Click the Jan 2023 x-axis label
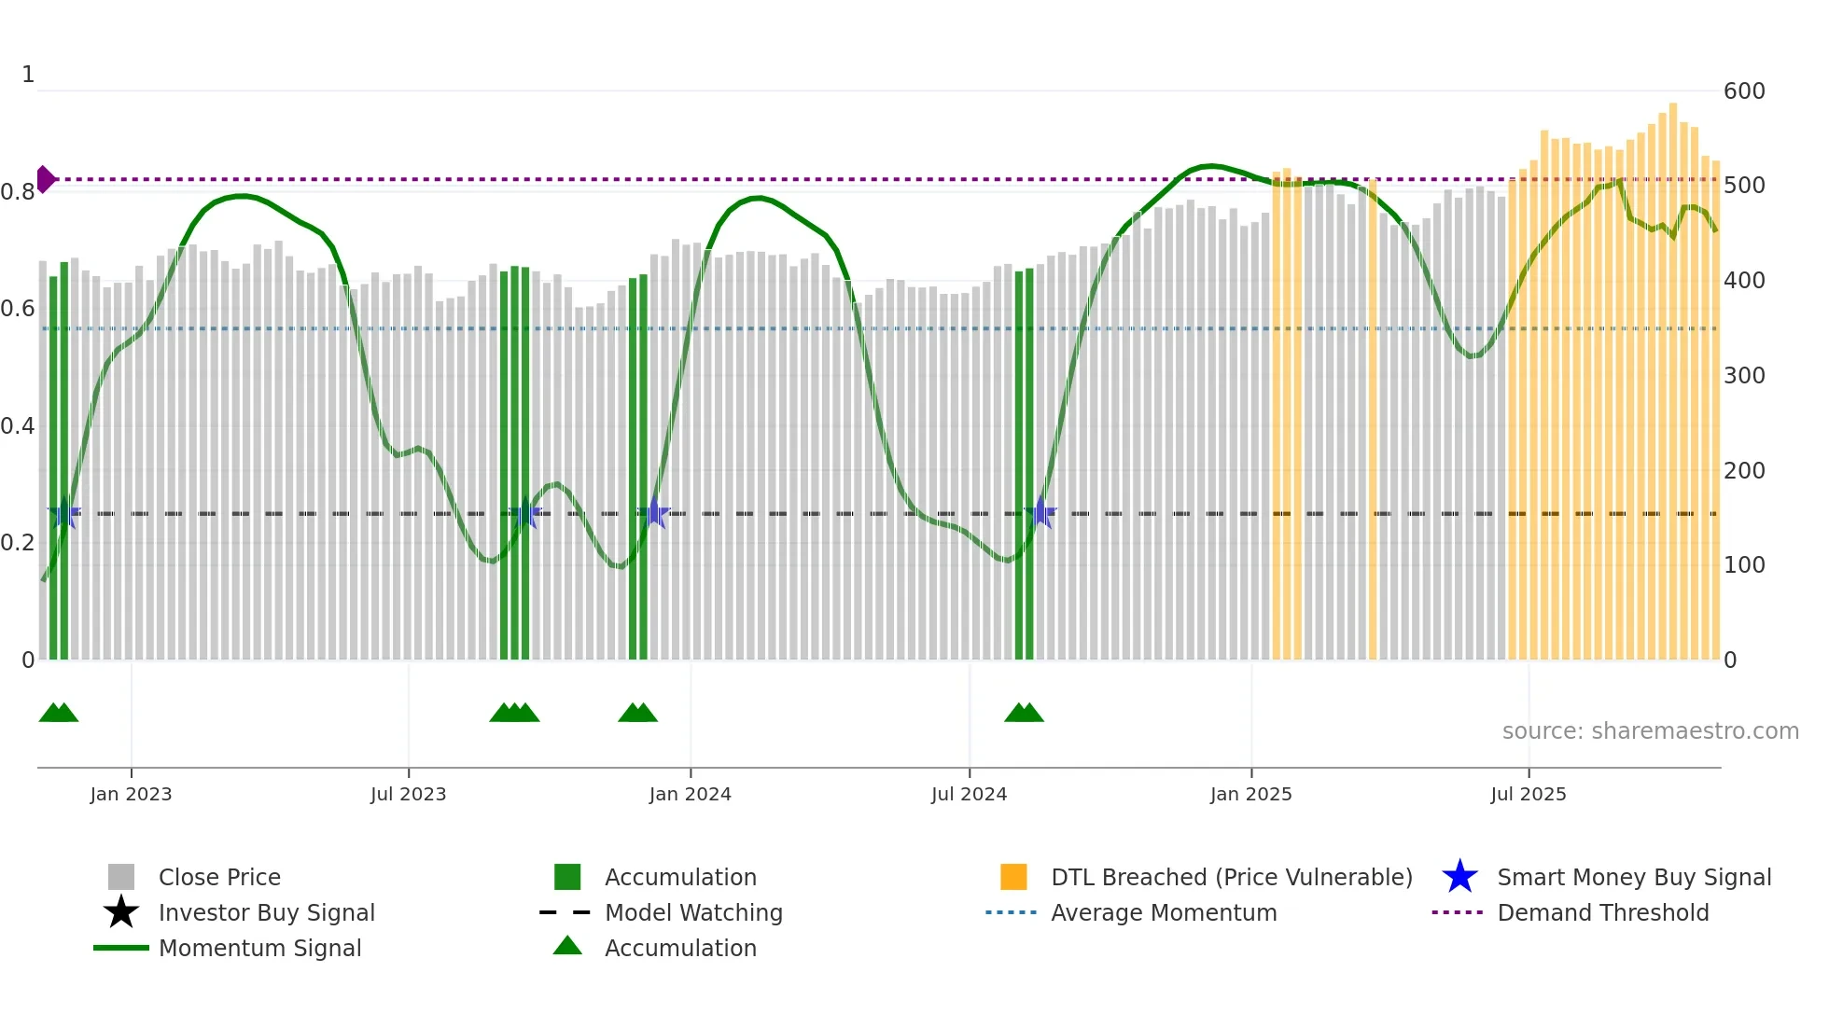coord(131,794)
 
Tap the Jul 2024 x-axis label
coord(969,794)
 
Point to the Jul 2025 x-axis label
coord(1528,794)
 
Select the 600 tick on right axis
coord(1743,91)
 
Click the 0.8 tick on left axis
coord(18,192)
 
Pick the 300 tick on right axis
coord(1743,376)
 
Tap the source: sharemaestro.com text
coord(1650,731)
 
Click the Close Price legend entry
coord(218,877)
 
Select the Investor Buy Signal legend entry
coord(266,912)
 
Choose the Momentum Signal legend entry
coord(259,948)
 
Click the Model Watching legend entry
coord(692,912)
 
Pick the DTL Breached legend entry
coord(1230,877)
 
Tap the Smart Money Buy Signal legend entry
coord(1633,877)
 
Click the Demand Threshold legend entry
coord(1602,912)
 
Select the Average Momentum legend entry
coord(1163,912)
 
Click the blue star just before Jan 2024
coord(655,513)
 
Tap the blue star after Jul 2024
coord(1040,513)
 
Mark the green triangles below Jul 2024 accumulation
coord(1024,713)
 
